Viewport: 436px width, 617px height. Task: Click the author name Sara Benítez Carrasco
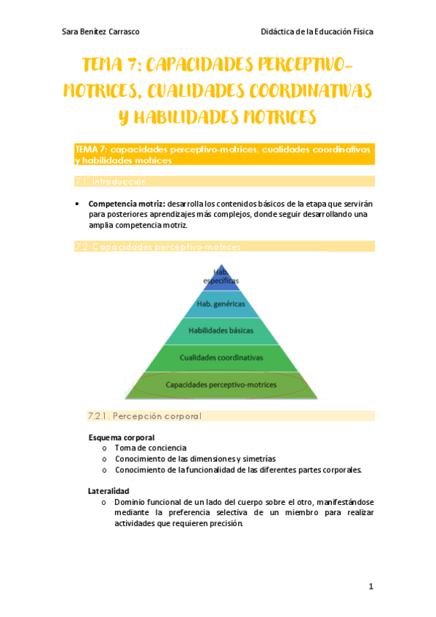(x=100, y=32)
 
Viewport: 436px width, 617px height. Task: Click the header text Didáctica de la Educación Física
(x=317, y=32)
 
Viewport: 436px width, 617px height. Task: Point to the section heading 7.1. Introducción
(x=111, y=181)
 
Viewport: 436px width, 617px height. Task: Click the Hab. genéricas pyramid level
(x=221, y=303)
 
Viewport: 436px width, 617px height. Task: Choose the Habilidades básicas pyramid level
(x=221, y=330)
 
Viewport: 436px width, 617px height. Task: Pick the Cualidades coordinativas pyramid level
(x=221, y=357)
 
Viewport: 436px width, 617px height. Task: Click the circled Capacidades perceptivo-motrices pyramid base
(x=221, y=383)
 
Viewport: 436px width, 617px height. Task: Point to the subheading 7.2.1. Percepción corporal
(x=144, y=416)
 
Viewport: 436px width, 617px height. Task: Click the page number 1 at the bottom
(x=370, y=586)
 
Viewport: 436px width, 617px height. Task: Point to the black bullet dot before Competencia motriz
(x=77, y=204)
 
